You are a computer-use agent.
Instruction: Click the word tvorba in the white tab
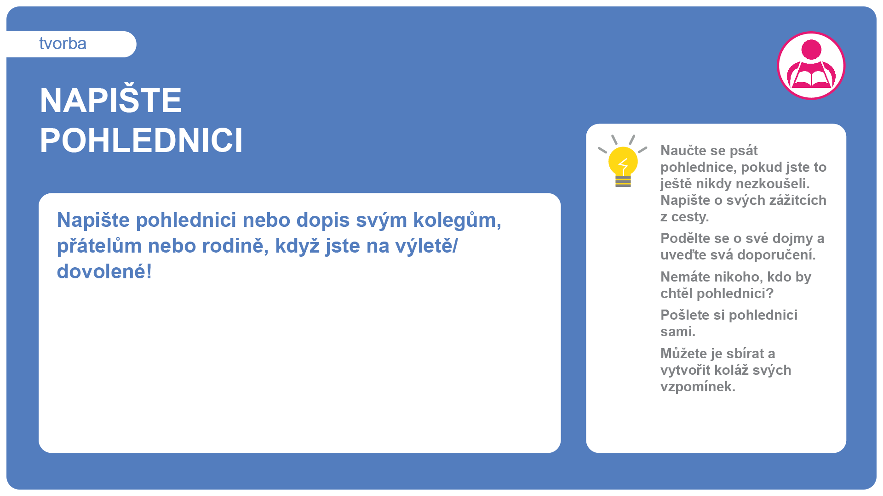(x=63, y=44)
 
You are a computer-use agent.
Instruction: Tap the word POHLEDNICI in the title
(x=141, y=141)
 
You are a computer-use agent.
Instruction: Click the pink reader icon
(x=811, y=65)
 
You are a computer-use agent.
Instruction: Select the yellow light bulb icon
(x=623, y=161)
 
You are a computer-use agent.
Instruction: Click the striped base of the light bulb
(x=623, y=181)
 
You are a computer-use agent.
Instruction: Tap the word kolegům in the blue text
(x=457, y=220)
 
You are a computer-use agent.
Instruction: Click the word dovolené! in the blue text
(x=104, y=271)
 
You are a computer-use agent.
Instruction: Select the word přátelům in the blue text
(x=99, y=246)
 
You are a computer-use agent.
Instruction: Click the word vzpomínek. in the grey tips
(x=698, y=387)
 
